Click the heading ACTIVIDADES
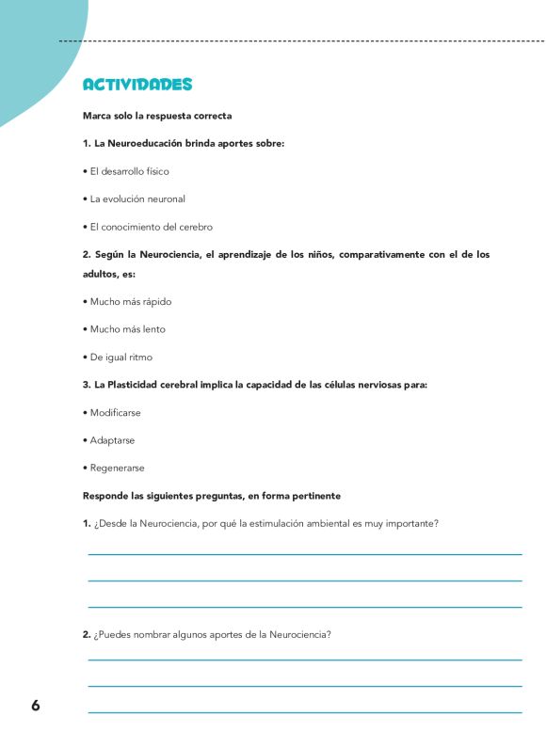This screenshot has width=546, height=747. coord(137,85)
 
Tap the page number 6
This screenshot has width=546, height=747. coord(35,706)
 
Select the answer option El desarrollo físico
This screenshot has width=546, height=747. coord(129,171)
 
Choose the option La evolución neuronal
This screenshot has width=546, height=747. coord(137,199)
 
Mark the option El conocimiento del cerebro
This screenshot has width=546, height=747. coord(151,227)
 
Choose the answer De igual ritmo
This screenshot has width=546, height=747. coord(120,358)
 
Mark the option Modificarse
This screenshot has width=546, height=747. coord(116,413)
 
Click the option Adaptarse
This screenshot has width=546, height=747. coord(112,440)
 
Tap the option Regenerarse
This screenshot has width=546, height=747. coord(117,468)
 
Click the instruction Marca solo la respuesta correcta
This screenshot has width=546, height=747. coord(157,116)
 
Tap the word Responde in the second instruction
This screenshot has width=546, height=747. coord(106,496)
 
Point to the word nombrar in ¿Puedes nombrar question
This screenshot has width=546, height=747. coord(150,634)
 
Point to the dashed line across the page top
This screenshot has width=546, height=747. coord(301,41)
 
